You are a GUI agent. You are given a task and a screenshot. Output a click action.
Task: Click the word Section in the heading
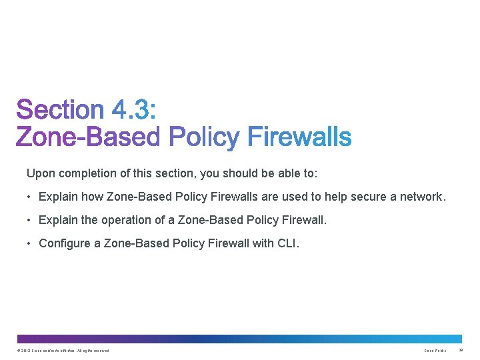[60, 111]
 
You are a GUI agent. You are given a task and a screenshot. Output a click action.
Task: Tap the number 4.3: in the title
[134, 111]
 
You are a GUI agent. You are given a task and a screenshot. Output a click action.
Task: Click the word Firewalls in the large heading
[299, 137]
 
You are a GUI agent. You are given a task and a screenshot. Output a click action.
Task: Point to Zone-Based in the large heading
[88, 137]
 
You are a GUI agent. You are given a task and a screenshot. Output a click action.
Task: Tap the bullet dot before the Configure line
[30, 243]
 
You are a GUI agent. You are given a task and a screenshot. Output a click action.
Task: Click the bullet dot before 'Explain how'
[30, 197]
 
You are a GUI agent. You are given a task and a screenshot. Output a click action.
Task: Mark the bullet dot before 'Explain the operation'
[30, 220]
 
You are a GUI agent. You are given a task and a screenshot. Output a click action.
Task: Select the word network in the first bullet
[420, 197]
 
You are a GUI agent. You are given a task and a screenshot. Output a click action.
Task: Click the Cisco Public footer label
[435, 351]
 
